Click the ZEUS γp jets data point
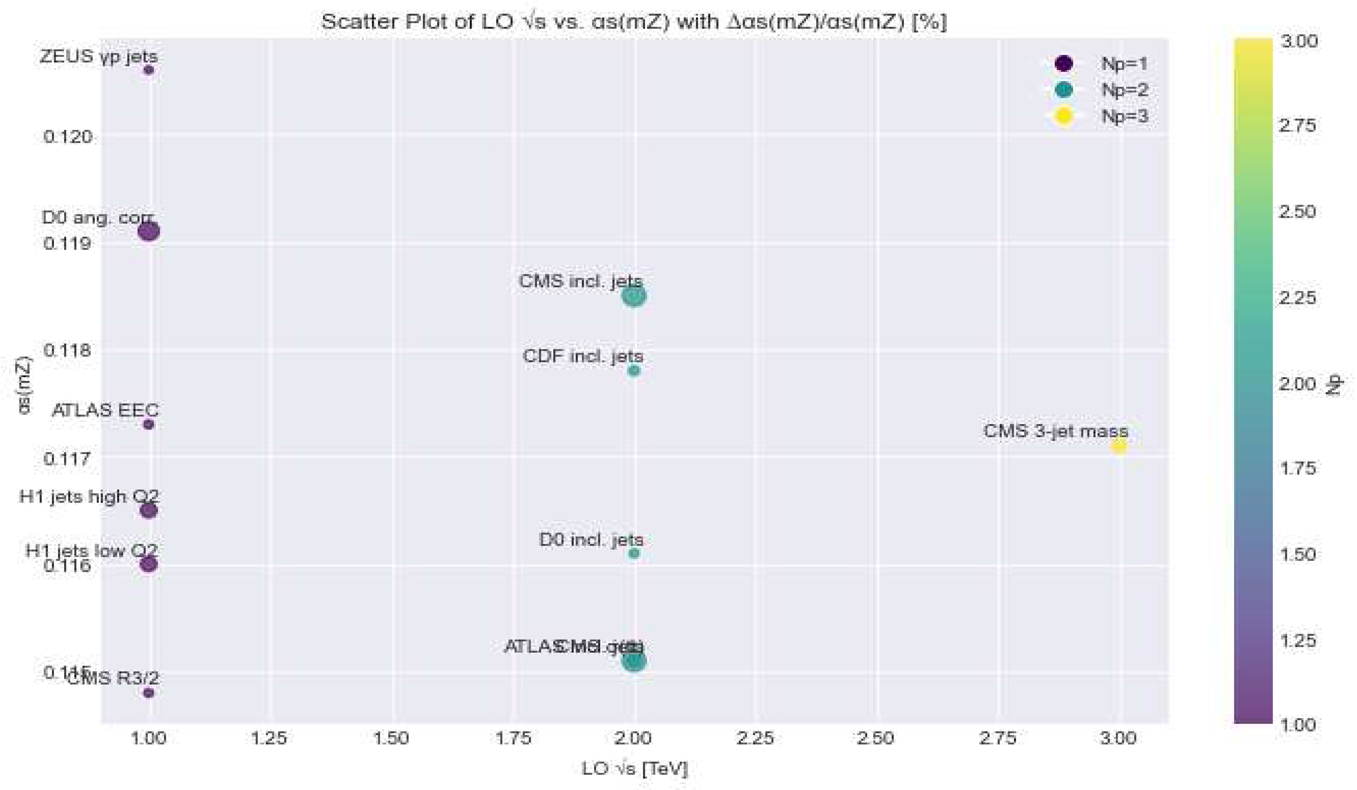pyautogui.click(x=149, y=70)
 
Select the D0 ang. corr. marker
pyautogui.click(x=149, y=231)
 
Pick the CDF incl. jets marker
pyautogui.click(x=634, y=370)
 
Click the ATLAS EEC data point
pyautogui.click(x=149, y=424)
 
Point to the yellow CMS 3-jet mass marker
pyautogui.click(x=1119, y=446)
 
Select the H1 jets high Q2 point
pyautogui.click(x=149, y=510)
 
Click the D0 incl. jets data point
pyautogui.click(x=634, y=553)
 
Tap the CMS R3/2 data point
pyautogui.click(x=149, y=693)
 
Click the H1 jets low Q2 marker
pyautogui.click(x=149, y=564)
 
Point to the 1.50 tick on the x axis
pyautogui.click(x=391, y=738)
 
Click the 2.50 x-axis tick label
pyautogui.click(x=876, y=738)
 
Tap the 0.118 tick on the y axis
pyautogui.click(x=67, y=351)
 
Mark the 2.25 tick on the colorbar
pyautogui.click(x=1298, y=297)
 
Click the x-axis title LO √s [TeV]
pyautogui.click(x=634, y=768)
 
